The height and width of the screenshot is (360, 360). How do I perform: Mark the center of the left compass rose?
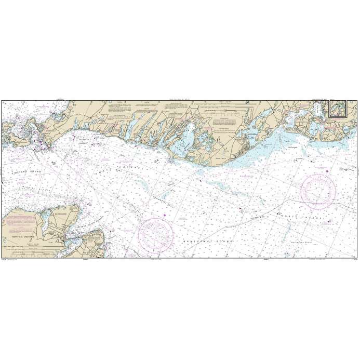click(155, 234)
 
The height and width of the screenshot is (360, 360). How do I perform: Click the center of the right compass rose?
click(318, 190)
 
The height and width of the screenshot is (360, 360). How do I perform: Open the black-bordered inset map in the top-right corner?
click(339, 110)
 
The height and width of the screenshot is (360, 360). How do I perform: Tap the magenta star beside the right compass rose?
click(327, 171)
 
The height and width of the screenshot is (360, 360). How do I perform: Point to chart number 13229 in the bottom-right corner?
click(355, 260)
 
